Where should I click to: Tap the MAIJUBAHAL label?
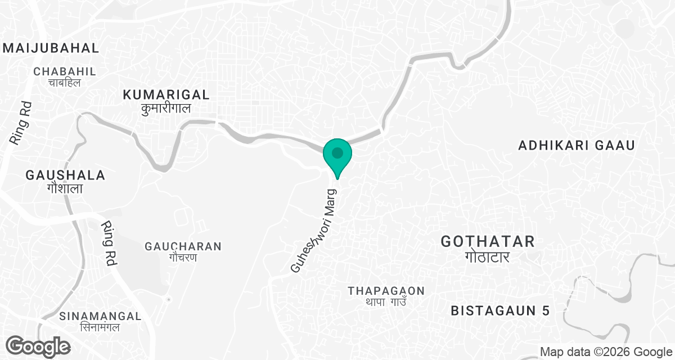(51, 47)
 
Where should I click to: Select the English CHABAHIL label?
(65, 71)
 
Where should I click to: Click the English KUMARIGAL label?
(166, 94)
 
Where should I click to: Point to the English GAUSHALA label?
(65, 175)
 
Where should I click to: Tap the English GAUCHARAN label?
(183, 246)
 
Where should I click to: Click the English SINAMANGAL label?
(93, 316)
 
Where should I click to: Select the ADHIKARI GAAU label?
(577, 146)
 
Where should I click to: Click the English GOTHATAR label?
(487, 242)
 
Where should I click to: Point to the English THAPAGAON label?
(386, 291)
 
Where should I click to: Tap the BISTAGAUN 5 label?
(500, 310)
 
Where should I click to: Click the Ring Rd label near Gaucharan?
(109, 242)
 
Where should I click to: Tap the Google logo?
(38, 346)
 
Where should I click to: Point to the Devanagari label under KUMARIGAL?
(166, 109)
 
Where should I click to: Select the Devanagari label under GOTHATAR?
(487, 257)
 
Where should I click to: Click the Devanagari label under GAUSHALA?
(65, 188)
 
